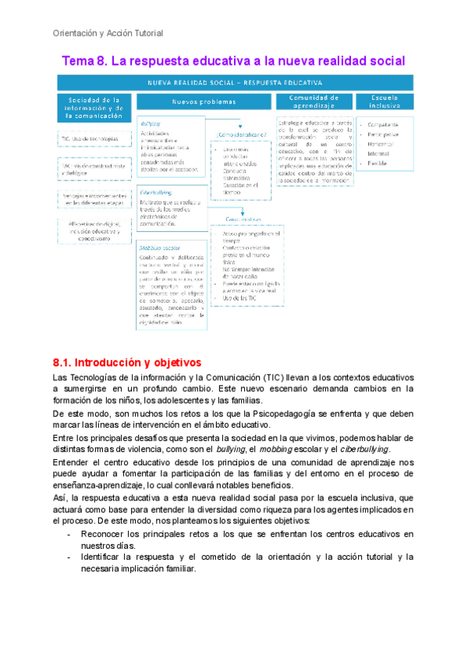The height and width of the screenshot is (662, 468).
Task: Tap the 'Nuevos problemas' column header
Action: click(204, 101)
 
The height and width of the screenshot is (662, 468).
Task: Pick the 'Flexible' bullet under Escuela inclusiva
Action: click(378, 162)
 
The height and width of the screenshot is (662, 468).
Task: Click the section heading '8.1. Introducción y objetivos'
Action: click(126, 363)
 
